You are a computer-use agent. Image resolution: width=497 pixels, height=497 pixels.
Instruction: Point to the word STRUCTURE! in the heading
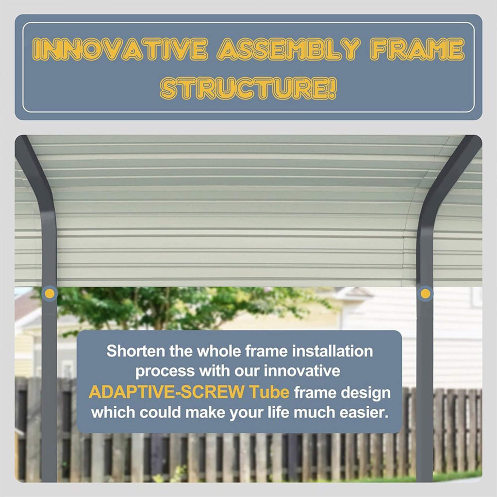click(x=248, y=89)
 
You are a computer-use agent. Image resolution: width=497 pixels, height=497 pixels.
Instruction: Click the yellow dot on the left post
click(x=49, y=293)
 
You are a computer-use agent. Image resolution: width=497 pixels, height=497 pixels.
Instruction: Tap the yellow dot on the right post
click(x=425, y=293)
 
